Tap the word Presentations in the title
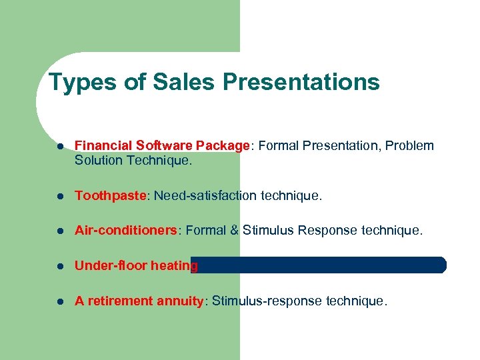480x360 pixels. point(301,83)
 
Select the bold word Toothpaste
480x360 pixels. point(111,195)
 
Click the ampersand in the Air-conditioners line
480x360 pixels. point(233,231)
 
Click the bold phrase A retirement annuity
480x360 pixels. point(139,301)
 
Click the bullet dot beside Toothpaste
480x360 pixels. point(60,196)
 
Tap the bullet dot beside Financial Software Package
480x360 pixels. point(60,146)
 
